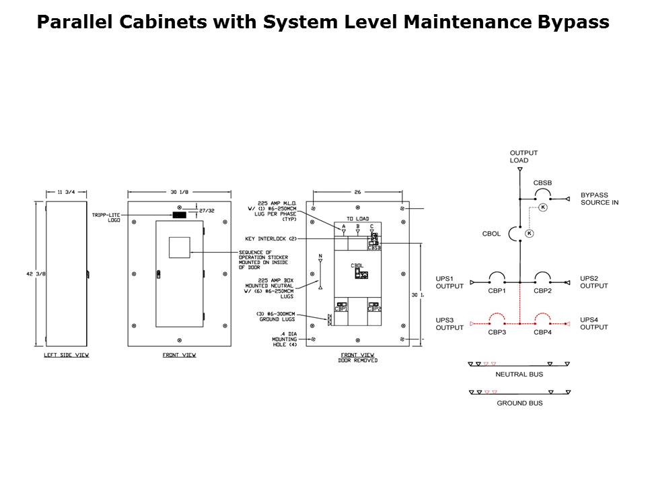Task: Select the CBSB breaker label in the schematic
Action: (x=543, y=183)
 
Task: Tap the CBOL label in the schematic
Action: (x=492, y=234)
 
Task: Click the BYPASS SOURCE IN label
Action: (x=599, y=198)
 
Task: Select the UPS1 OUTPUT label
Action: (x=450, y=282)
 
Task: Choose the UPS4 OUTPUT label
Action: (x=594, y=323)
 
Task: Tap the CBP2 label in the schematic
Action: (x=543, y=291)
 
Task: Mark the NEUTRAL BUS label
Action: (x=519, y=374)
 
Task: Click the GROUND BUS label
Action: (x=519, y=403)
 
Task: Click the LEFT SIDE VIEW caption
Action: (x=66, y=355)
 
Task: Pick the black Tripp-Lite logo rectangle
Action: (x=179, y=215)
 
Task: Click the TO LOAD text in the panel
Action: (x=357, y=219)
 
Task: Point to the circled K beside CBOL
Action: (x=529, y=233)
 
